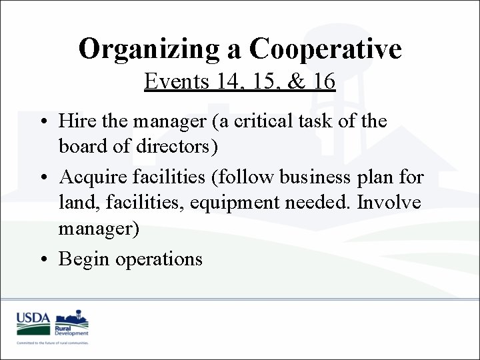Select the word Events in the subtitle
(174, 82)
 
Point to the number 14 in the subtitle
(227, 82)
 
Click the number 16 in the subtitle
(323, 82)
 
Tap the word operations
(159, 259)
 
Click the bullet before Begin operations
(42, 259)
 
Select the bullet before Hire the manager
(42, 121)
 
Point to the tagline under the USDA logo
(53, 342)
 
